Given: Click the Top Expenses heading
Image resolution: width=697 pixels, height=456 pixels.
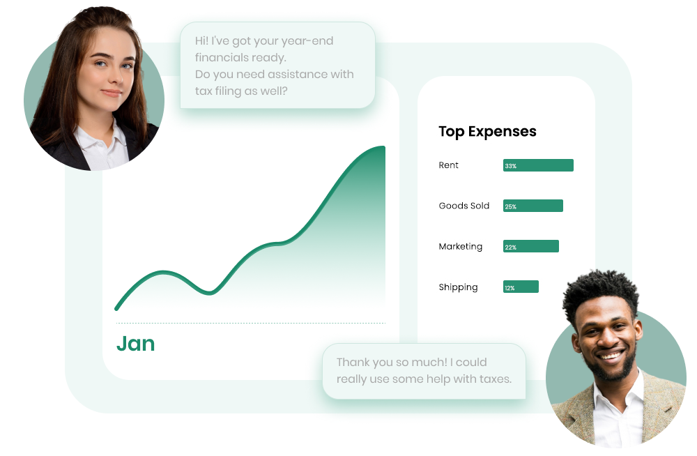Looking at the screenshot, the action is coord(487,132).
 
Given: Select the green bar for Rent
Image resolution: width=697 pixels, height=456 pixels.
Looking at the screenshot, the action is coord(538,165).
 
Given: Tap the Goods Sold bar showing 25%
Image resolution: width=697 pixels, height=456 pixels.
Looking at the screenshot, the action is coord(533,206).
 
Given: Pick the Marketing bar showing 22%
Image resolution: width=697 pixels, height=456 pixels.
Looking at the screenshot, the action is coord(530,246).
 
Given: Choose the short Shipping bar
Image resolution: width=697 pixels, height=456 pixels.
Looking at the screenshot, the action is coord(521,287).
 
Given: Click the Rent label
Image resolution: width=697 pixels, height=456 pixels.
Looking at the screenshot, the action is coord(448,165).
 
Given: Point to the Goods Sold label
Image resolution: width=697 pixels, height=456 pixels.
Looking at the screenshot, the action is coord(464,206).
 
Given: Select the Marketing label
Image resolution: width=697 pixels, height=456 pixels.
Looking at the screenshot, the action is coord(460,246).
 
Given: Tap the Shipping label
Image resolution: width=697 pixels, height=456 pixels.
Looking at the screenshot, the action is coord(458,287).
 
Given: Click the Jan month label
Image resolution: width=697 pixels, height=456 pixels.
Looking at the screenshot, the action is coord(136,344).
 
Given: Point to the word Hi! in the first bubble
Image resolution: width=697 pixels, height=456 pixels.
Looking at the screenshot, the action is coord(201,40).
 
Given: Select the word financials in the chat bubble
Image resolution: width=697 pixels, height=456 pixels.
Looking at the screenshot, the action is coord(215,57).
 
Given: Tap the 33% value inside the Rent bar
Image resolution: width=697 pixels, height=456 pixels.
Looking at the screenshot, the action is coord(510,166).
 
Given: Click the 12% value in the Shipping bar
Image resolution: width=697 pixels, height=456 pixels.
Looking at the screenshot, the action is coord(510,288).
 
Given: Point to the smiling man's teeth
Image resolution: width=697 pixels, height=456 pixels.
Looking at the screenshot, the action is coord(611,356).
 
